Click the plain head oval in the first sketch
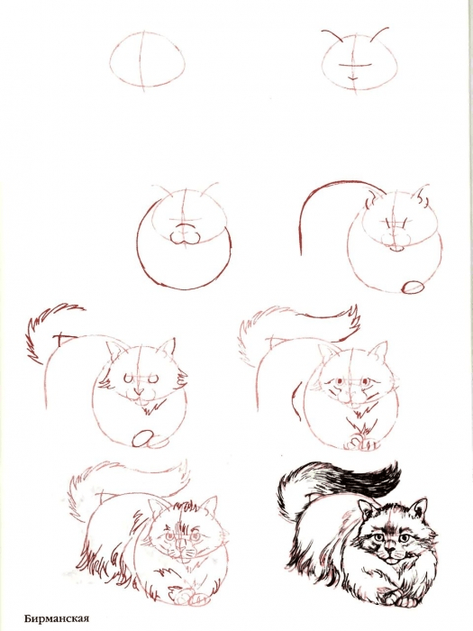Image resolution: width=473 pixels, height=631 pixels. point(150,59)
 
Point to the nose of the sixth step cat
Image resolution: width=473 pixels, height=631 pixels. point(349,394)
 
